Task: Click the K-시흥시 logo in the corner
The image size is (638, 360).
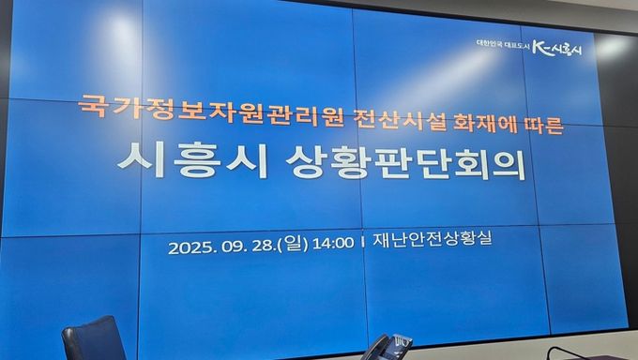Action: [556, 48]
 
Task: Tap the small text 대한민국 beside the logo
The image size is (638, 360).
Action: [489, 44]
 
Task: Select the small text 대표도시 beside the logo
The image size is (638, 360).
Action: [515, 45]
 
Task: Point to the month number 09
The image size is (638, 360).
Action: [233, 246]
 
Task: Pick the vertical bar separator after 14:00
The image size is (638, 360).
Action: [362, 242]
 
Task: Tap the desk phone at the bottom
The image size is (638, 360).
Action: [387, 347]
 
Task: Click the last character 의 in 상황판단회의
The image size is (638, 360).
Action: [503, 168]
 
